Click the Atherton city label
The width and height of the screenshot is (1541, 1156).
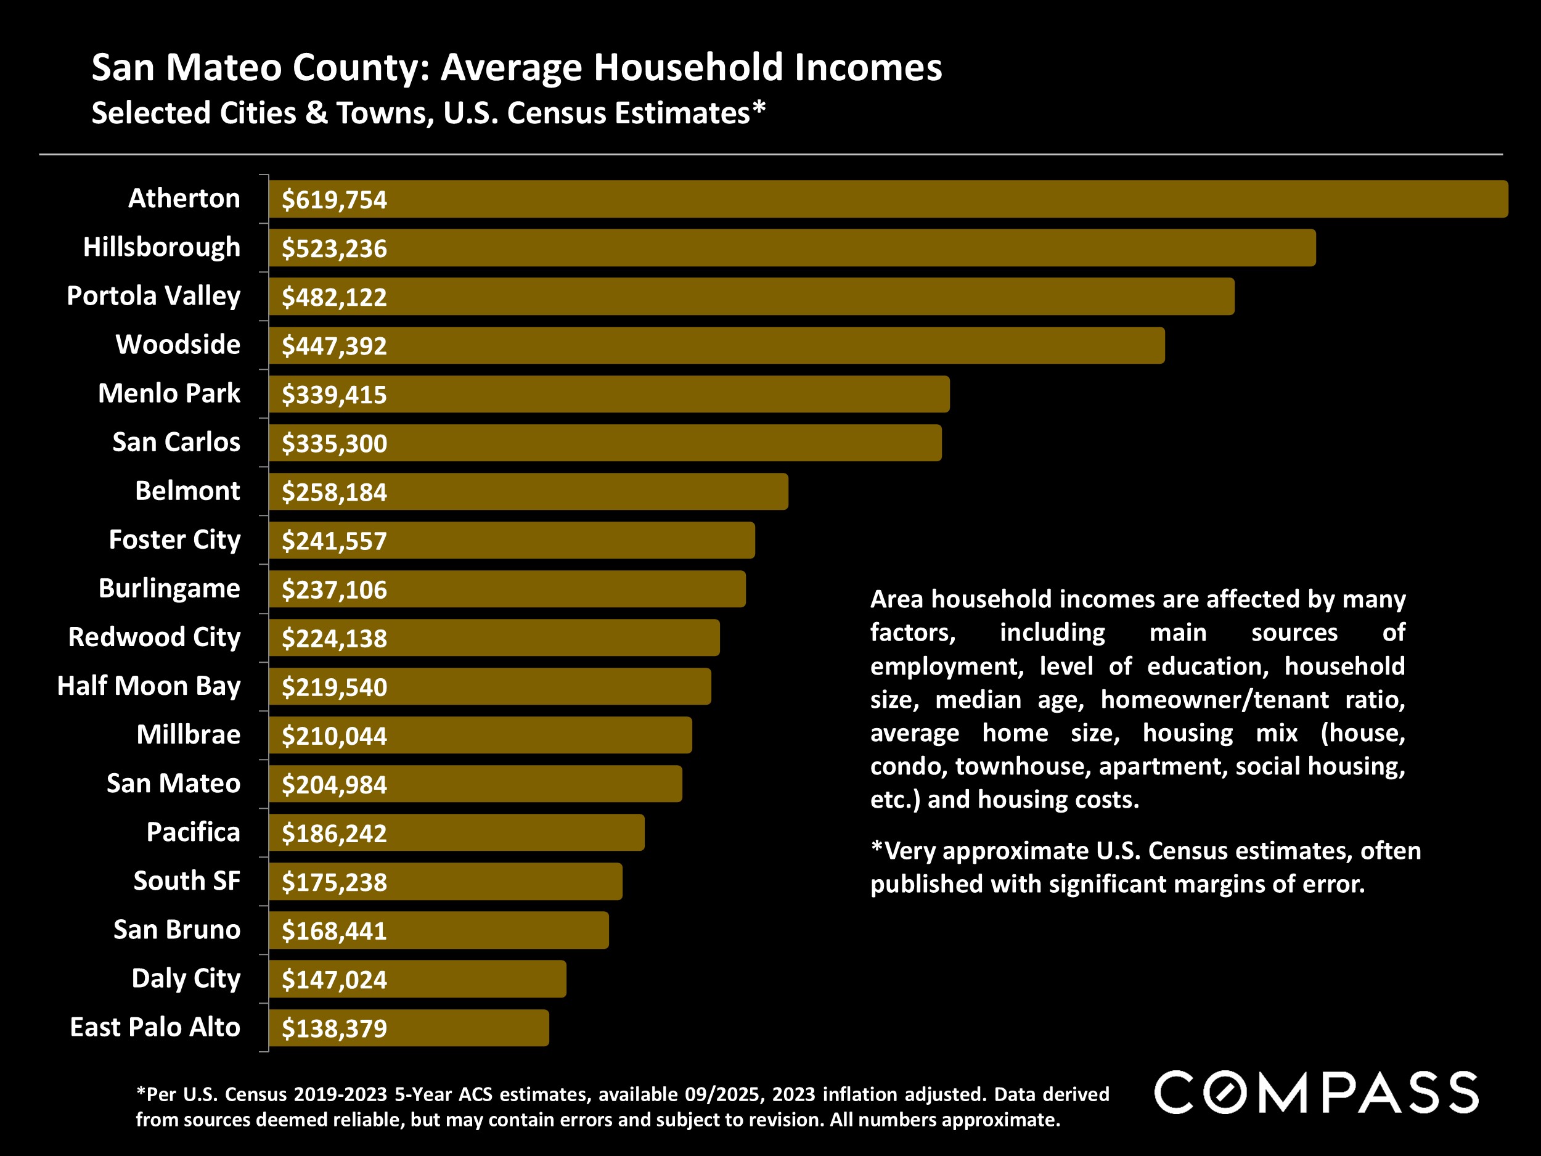184,199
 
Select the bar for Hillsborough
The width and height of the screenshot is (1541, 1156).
792,248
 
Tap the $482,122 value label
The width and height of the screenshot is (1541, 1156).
333,298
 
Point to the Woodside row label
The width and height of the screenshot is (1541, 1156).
178,345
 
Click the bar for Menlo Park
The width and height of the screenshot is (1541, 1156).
609,395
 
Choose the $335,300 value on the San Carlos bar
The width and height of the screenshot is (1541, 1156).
333,444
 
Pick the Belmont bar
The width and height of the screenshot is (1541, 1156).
528,492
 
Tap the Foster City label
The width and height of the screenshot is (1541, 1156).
174,540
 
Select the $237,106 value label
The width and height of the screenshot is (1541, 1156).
333,590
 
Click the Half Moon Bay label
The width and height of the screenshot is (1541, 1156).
149,686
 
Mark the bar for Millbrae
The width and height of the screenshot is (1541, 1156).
480,736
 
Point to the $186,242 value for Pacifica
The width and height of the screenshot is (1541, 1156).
333,834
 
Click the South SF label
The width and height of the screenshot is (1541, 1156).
187,882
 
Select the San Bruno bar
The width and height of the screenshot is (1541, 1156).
438,931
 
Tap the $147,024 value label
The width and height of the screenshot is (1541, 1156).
333,980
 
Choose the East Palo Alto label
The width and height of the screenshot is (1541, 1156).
155,1028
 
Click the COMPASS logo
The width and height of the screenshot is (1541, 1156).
1316,1092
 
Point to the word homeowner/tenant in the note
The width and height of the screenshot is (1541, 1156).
1214,700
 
